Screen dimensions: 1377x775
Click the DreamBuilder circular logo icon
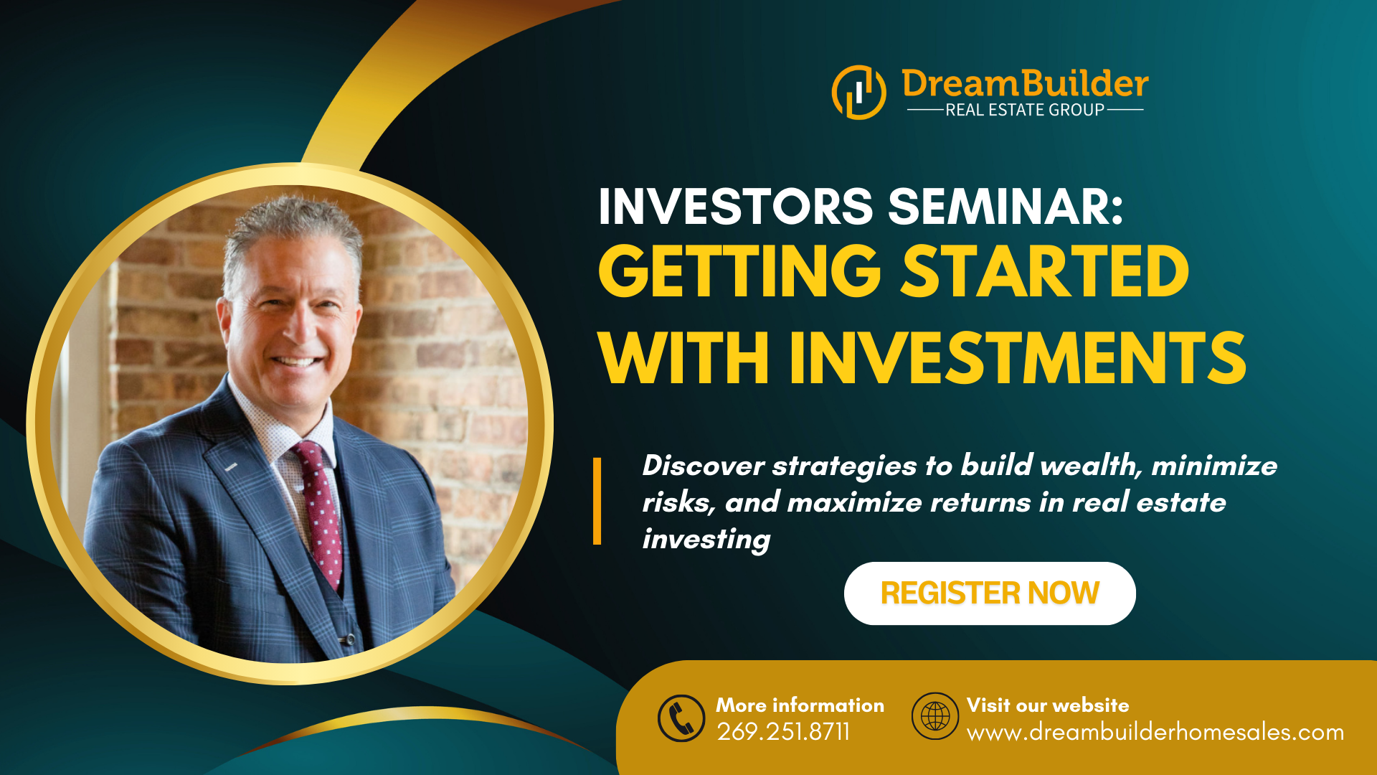[858, 93]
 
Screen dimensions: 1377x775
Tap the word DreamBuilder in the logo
[1025, 83]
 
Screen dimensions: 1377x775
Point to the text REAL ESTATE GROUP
[1025, 110]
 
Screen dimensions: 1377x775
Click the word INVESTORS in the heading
[736, 207]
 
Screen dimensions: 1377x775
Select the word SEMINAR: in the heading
[1005, 207]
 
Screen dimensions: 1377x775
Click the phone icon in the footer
[681, 718]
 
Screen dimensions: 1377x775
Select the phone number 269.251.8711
[783, 732]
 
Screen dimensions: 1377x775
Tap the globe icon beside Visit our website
[935, 716]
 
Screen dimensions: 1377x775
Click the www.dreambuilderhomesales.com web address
[1155, 733]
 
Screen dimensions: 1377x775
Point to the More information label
[800, 705]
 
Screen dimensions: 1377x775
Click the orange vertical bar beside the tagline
[597, 501]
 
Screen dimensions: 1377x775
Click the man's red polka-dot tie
[319, 510]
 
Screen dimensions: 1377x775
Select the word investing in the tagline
[706, 540]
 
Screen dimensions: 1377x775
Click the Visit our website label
[1048, 705]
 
